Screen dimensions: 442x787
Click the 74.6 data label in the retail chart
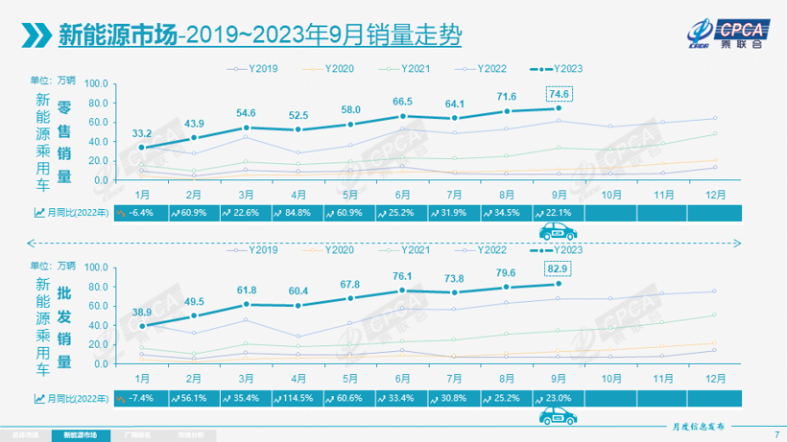pyautogui.click(x=559, y=93)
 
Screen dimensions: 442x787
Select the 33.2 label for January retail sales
pyautogui.click(x=141, y=132)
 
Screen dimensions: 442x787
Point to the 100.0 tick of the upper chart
pyautogui.click(x=97, y=82)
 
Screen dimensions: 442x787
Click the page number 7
pyautogui.click(x=775, y=434)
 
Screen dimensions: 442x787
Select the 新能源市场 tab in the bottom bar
pyautogui.click(x=73, y=434)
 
